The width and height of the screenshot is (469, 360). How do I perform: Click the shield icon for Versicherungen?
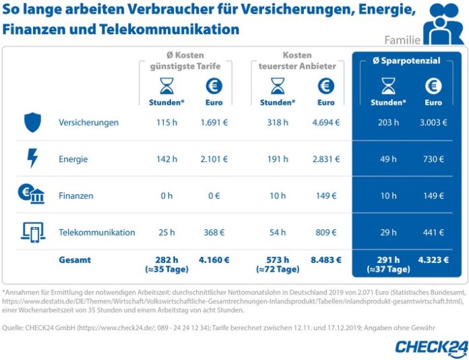click(32, 122)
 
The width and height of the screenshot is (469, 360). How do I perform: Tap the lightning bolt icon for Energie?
click(32, 158)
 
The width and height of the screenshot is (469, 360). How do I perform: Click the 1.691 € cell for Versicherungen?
click(214, 123)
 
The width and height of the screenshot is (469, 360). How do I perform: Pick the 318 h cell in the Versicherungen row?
click(277, 123)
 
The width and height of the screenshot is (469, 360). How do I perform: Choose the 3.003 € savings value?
click(433, 123)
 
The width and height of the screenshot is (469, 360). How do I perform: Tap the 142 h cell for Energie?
click(166, 159)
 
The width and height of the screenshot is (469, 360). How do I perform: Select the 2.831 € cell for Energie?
click(325, 159)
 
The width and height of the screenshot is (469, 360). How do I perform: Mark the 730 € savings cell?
click(433, 159)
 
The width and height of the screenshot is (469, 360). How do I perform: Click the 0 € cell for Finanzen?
click(214, 196)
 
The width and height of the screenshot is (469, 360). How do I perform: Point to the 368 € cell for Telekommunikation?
click(214, 233)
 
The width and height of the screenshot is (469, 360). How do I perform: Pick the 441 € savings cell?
click(433, 233)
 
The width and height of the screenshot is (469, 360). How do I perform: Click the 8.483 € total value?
click(325, 260)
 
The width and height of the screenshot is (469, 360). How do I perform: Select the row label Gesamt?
click(74, 260)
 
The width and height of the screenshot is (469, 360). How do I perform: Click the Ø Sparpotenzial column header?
click(406, 61)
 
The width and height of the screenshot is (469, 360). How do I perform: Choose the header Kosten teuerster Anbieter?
click(297, 60)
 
